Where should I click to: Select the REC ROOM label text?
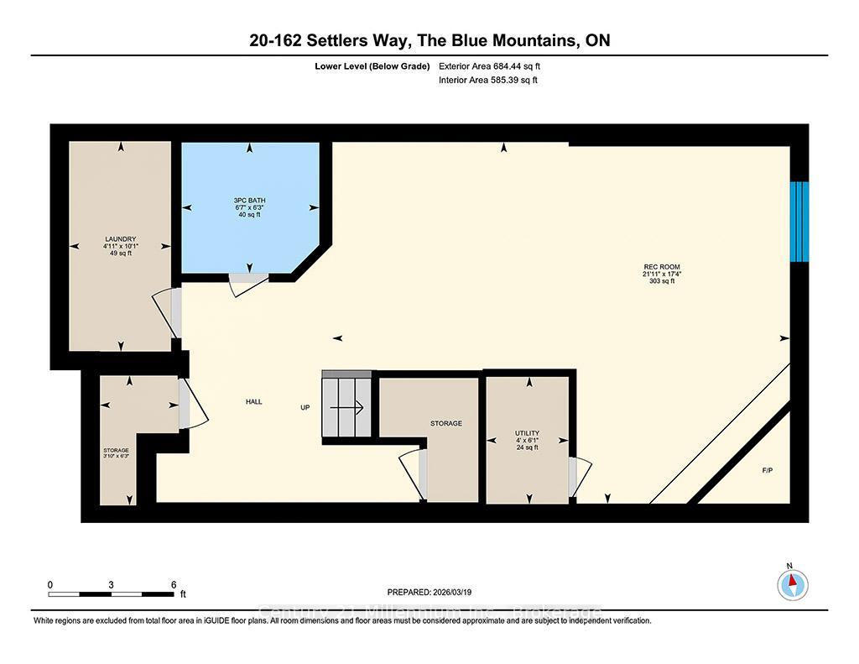pyautogui.click(x=655, y=274)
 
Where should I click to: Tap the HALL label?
pyautogui.click(x=253, y=402)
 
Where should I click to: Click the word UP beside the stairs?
pyautogui.click(x=306, y=409)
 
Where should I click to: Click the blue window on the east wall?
pyautogui.click(x=800, y=222)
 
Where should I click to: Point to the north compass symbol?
pyautogui.click(x=794, y=583)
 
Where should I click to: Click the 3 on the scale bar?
pyautogui.click(x=112, y=584)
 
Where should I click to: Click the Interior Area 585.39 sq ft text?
pyautogui.click(x=488, y=81)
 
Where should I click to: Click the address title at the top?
pyautogui.click(x=429, y=40)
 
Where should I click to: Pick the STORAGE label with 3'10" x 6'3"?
pyautogui.click(x=116, y=453)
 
